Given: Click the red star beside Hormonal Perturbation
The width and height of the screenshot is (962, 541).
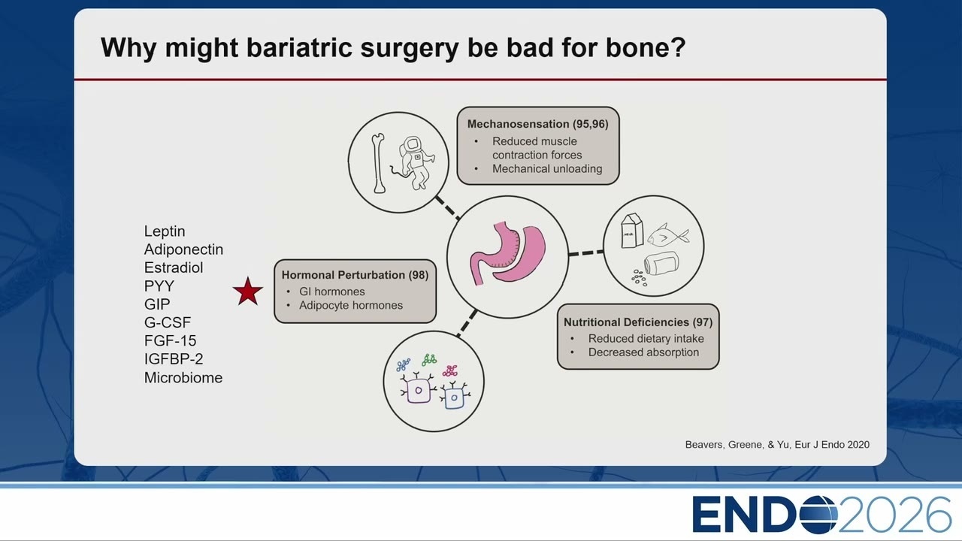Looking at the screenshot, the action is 248,292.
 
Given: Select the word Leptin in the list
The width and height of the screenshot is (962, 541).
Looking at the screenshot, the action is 165,231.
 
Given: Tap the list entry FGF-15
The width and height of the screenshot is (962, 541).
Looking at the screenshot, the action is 170,341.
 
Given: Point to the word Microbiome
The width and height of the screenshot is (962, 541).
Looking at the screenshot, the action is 183,378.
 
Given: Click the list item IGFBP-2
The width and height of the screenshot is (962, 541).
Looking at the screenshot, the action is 174,359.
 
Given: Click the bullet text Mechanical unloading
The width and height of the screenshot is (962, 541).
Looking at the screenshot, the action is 547,169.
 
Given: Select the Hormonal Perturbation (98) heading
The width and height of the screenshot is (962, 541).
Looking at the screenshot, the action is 355,275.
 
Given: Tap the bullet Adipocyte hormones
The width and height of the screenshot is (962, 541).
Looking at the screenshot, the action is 351,305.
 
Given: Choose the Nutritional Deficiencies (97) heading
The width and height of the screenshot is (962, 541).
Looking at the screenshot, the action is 638,322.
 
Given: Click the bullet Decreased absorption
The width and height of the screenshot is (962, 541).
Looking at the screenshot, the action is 643,352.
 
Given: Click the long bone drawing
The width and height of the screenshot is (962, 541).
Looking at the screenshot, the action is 378,163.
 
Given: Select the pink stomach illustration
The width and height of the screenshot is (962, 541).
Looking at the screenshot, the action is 507,254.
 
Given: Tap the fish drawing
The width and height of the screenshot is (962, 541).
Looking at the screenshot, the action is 668,235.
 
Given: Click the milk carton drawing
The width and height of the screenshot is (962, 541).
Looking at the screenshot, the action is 632,231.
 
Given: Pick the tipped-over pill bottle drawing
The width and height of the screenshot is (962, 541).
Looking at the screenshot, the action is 662,263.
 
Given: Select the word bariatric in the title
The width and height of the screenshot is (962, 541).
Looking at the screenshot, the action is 300,47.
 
